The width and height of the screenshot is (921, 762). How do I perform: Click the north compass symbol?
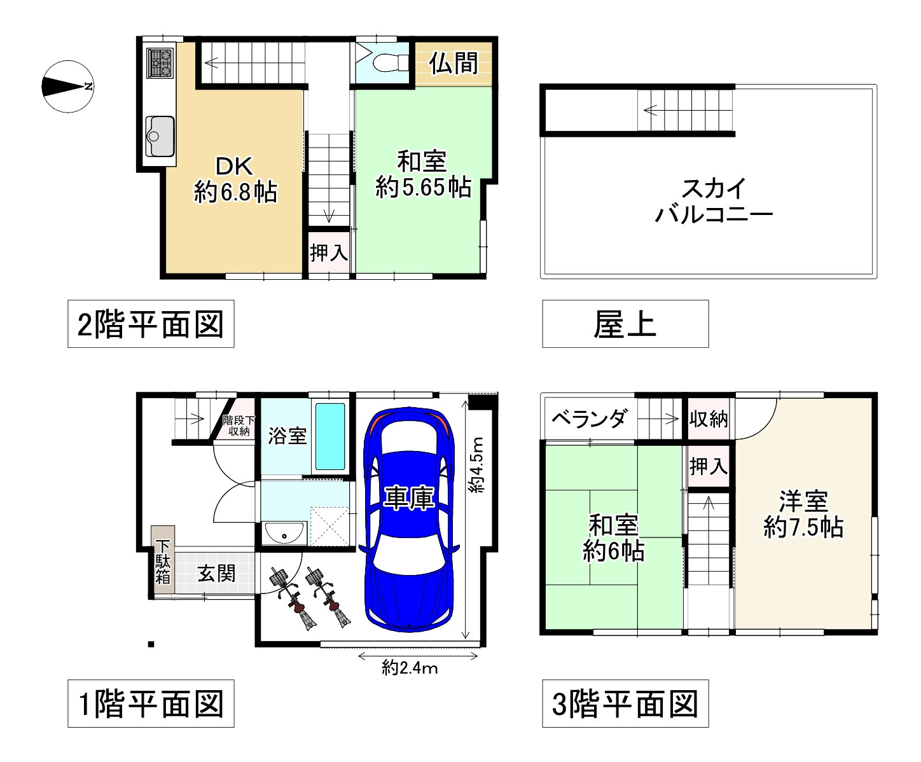click(x=67, y=87)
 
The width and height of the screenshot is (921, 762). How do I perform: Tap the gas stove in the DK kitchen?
click(x=160, y=63)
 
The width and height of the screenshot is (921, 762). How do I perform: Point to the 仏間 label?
click(x=454, y=64)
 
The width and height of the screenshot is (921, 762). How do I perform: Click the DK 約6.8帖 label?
click(x=235, y=179)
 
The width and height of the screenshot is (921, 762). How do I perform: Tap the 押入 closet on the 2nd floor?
click(x=329, y=253)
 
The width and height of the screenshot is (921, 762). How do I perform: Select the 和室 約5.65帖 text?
click(x=422, y=175)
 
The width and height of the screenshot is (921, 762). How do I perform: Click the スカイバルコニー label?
click(x=713, y=201)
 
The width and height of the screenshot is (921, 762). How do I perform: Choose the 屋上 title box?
click(x=625, y=324)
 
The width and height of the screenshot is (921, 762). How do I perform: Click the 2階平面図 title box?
click(x=151, y=324)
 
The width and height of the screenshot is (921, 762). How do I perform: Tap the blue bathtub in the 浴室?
click(x=330, y=436)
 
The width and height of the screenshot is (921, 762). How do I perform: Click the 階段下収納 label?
click(x=239, y=426)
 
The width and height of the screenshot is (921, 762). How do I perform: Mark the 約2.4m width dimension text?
click(x=410, y=668)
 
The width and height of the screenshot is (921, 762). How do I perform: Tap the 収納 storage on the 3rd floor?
click(x=709, y=419)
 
